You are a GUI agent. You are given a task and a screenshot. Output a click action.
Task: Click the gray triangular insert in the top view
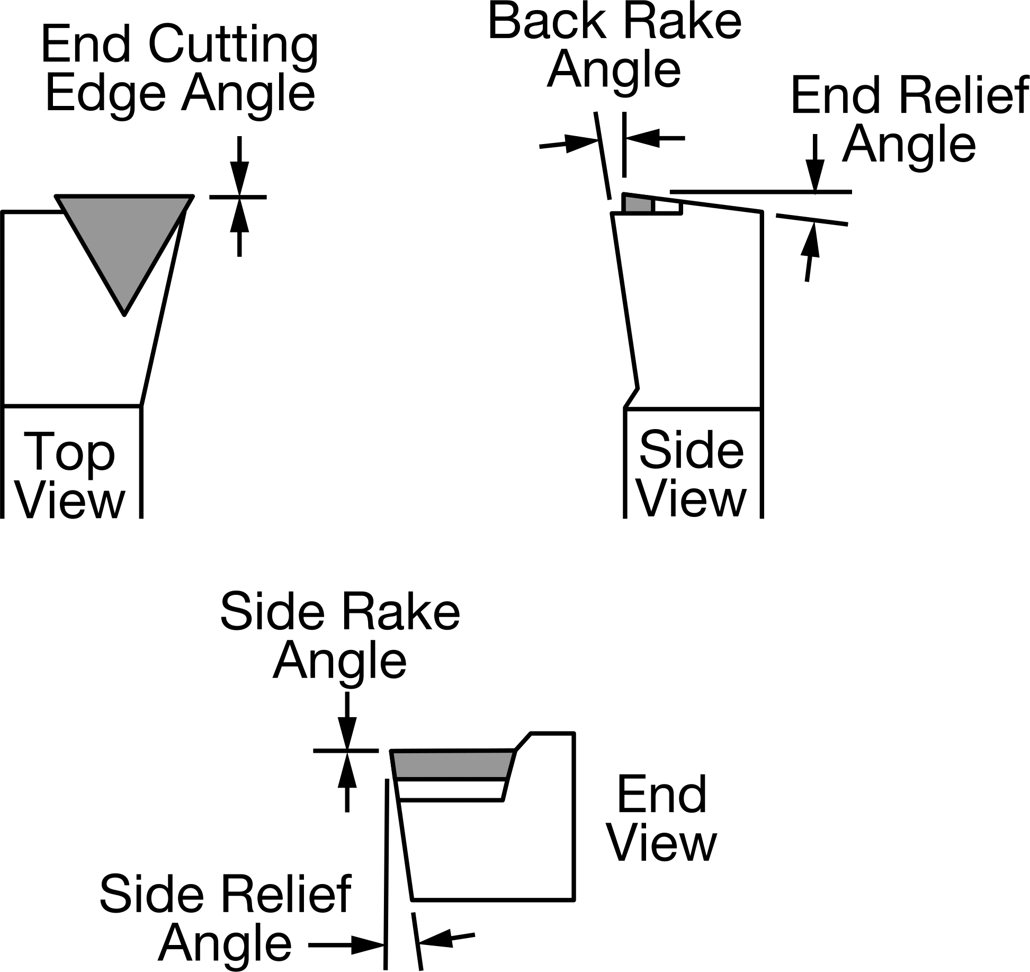[124, 238]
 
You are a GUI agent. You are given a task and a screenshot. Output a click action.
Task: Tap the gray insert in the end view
[453, 764]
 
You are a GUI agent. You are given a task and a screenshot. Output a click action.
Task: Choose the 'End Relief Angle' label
[909, 120]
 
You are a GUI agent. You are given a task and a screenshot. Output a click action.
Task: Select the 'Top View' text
[70, 475]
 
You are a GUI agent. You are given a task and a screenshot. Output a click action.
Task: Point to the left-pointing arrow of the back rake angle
[655, 138]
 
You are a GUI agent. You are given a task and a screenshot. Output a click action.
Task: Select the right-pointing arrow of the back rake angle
[568, 143]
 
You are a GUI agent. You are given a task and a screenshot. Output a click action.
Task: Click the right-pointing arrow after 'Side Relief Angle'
[346, 944]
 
